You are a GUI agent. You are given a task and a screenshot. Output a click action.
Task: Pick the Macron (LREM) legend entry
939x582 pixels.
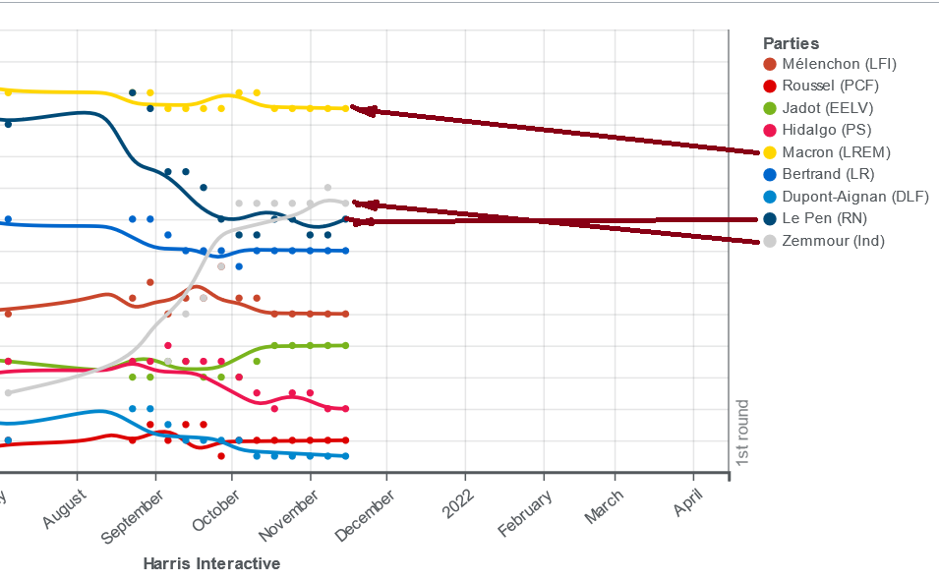(836, 152)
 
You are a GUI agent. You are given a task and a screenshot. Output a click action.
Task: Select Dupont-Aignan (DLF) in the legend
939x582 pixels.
(854, 197)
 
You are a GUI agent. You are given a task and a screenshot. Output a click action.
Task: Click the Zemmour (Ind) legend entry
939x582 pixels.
(833, 241)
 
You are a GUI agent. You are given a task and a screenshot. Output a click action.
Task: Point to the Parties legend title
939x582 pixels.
(791, 43)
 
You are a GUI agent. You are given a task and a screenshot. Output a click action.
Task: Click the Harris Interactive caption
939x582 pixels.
(211, 564)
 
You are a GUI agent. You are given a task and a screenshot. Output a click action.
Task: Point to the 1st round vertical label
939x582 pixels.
(743, 432)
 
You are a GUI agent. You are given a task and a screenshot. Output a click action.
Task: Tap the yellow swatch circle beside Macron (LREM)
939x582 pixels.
(770, 152)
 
